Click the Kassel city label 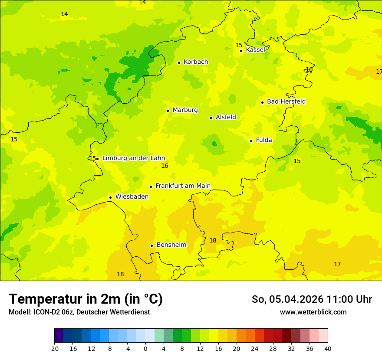[x=255, y=50]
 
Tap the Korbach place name [x=196, y=62]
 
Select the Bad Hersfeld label [x=286, y=101]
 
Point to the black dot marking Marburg [x=168, y=111]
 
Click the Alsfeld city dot [x=211, y=118]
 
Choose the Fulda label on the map [x=264, y=140]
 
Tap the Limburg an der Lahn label [x=133, y=158]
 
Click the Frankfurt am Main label [x=183, y=186]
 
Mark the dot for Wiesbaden [x=110, y=197]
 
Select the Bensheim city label [x=171, y=245]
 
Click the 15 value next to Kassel [x=239, y=46]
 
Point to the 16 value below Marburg [x=165, y=166]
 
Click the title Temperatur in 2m [x=86, y=299]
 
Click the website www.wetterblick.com [x=313, y=312]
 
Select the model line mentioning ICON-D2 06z [x=79, y=312]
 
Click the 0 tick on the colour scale [x=145, y=349]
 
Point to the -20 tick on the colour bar [x=54, y=349]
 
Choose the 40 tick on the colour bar [x=328, y=349]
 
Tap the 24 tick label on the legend [x=255, y=349]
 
